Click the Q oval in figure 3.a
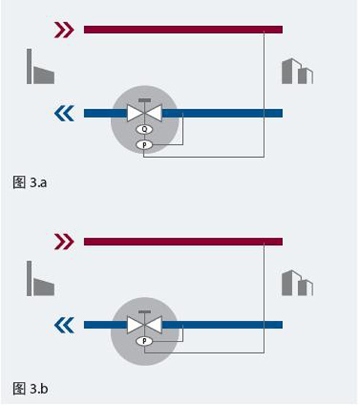(x=145, y=129)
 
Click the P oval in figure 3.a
(x=145, y=145)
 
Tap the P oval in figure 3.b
(x=145, y=341)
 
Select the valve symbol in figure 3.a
(x=145, y=113)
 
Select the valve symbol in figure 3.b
(x=145, y=325)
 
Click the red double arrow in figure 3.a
(x=64, y=30)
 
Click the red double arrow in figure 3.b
(x=64, y=241)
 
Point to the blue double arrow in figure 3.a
(x=64, y=113)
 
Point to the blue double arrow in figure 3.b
(x=64, y=325)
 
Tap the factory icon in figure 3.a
(x=40, y=66)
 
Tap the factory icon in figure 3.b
(x=40, y=278)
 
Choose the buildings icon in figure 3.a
(x=297, y=71)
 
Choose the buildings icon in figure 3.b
(x=297, y=282)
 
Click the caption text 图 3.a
(x=30, y=182)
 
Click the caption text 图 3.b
(x=30, y=388)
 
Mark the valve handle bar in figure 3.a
(x=145, y=100)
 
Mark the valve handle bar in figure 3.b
(x=145, y=312)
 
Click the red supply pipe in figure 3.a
(x=183, y=30)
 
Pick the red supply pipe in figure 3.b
(x=183, y=241)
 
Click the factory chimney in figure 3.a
(x=30, y=66)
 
